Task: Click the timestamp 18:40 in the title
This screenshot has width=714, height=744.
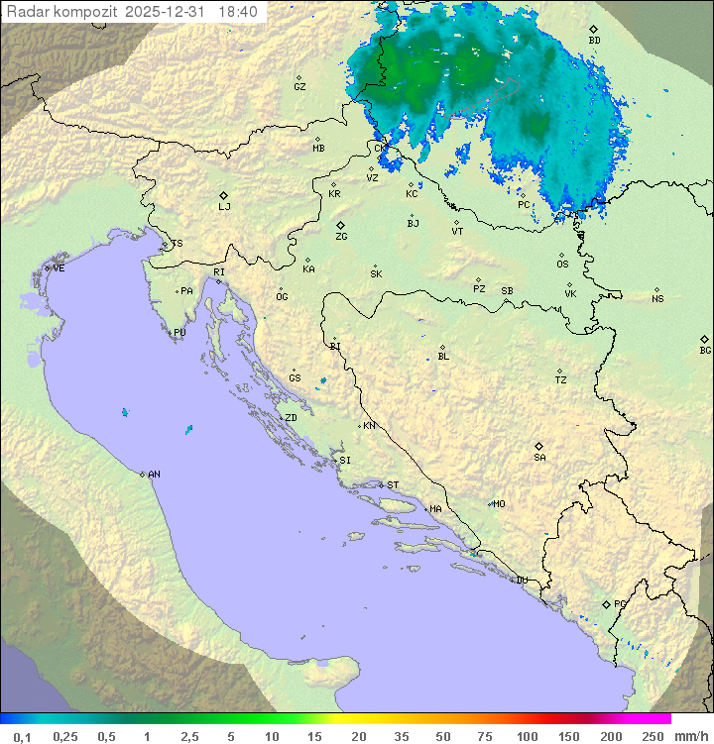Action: point(238,12)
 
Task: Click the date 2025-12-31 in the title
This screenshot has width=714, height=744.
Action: point(168,12)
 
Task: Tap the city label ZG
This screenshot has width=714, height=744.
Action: point(342,238)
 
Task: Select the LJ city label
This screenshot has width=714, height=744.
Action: point(225,207)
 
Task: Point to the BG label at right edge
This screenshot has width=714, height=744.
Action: point(705,351)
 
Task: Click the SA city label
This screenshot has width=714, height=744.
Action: point(539,458)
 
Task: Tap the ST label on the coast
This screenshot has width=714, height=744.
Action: point(394,485)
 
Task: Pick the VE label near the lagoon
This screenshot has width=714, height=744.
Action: point(59,268)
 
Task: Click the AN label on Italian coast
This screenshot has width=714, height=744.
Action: point(154,475)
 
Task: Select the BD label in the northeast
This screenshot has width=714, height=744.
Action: point(594,41)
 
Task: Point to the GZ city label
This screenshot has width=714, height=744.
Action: point(299,87)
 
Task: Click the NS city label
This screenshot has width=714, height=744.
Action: point(657,299)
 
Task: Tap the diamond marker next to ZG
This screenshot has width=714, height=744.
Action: point(340,226)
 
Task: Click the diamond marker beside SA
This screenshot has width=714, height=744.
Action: point(539,446)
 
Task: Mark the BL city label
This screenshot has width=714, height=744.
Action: point(443,357)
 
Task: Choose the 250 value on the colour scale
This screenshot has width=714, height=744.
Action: point(653,735)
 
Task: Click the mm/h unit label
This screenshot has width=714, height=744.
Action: point(690,735)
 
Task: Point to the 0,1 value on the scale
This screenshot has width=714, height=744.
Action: point(22,735)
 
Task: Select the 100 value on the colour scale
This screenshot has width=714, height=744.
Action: point(527,735)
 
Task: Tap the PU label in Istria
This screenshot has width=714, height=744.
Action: point(179,333)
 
